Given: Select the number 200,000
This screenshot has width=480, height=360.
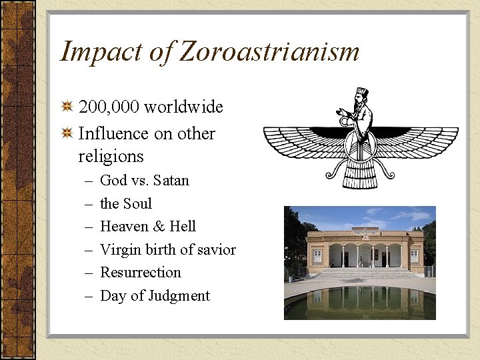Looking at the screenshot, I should (x=108, y=107).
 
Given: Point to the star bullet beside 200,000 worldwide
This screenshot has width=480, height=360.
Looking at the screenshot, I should (x=67, y=107).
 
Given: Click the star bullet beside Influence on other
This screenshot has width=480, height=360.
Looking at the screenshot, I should (x=67, y=133).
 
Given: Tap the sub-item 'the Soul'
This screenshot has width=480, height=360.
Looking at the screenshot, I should (x=126, y=203).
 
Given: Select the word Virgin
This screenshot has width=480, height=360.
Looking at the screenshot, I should (x=119, y=250).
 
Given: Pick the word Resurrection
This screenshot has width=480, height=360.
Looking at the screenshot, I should (x=140, y=273).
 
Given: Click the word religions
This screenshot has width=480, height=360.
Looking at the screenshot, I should (x=111, y=157).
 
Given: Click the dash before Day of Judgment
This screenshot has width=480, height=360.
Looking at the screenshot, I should (x=89, y=296).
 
